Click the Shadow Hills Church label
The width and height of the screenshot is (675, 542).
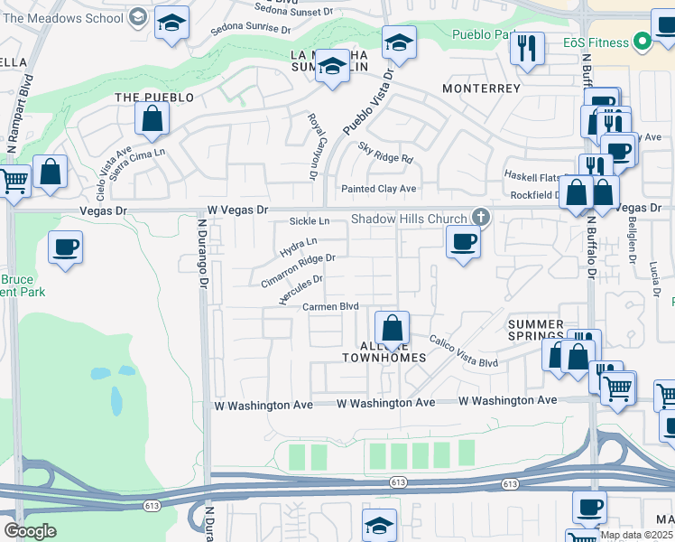(409, 219)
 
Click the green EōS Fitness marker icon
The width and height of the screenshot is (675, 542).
(643, 41)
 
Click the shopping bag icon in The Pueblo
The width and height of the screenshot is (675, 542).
(153, 117)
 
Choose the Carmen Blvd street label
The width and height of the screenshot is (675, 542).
(331, 306)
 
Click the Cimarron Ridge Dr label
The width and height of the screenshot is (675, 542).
(298, 270)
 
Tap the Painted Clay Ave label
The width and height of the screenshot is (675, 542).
(378, 189)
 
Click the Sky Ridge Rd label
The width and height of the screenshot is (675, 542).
(384, 153)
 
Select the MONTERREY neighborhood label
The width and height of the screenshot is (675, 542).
(481, 89)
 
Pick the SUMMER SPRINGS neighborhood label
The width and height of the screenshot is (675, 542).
(535, 331)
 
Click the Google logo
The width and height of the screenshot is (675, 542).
(30, 531)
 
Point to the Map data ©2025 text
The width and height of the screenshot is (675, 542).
(635, 535)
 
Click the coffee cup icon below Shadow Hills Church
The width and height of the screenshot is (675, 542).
(463, 241)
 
